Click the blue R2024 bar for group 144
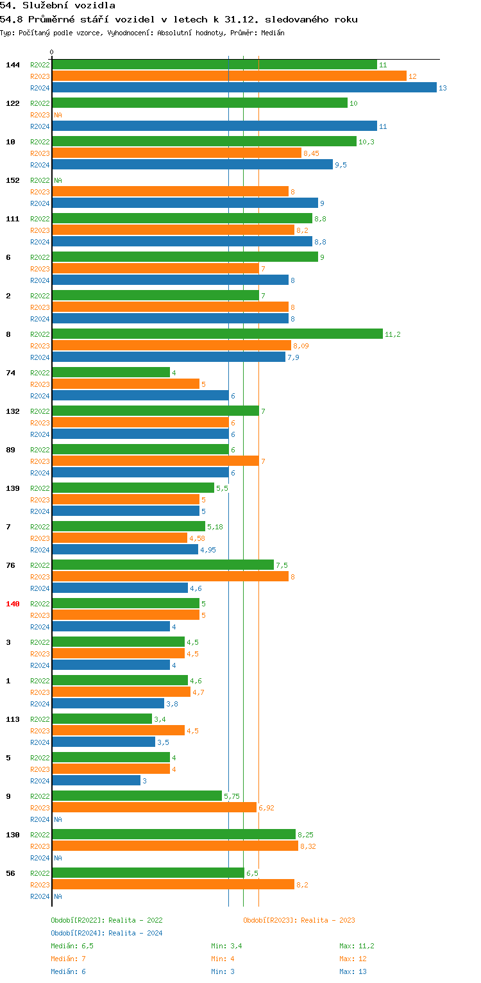244,88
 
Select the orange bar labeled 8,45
176,153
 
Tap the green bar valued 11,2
217,334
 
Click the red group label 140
13,604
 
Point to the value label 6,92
266,808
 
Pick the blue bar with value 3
96,781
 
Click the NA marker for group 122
58,115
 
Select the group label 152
13,180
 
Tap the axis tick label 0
52,53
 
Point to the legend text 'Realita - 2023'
328,920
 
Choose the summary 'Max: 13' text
353,971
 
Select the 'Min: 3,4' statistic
226,946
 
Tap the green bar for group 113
102,719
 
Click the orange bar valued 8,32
174,846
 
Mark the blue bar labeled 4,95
125,550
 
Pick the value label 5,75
232,796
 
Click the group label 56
10,873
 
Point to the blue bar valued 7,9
168,357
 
